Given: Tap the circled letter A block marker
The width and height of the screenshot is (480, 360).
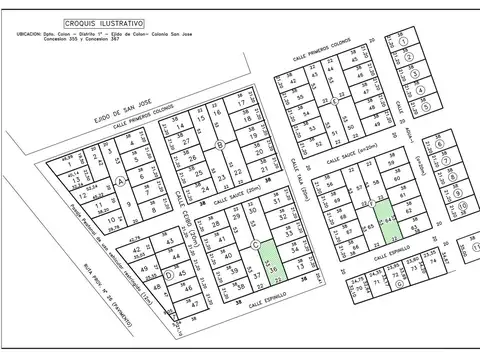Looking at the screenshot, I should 121,181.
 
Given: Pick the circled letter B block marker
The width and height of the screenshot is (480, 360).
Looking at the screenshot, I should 220,145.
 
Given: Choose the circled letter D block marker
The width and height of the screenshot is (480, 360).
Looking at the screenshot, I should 171,274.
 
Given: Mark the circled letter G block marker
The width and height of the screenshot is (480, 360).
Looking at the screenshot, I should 399,283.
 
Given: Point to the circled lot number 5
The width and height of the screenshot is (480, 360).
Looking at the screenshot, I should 424,104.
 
